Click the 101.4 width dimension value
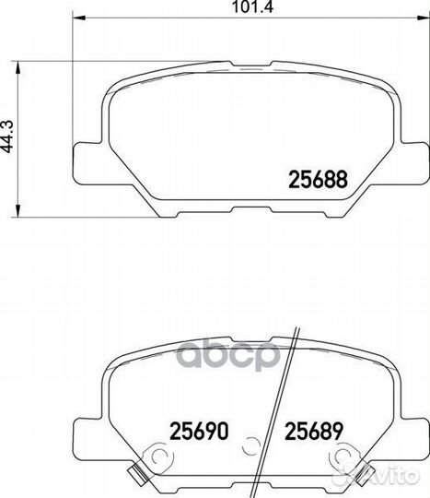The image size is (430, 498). (252, 7)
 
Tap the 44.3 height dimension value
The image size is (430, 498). (7, 136)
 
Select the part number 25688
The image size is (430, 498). (318, 179)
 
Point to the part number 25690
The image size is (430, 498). (199, 431)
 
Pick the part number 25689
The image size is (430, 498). (314, 431)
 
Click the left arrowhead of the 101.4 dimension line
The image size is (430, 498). (79, 18)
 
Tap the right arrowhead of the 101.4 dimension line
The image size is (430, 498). (423, 18)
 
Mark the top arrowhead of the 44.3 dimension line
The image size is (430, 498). (18, 67)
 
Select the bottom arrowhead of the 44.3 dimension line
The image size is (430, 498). (18, 210)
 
